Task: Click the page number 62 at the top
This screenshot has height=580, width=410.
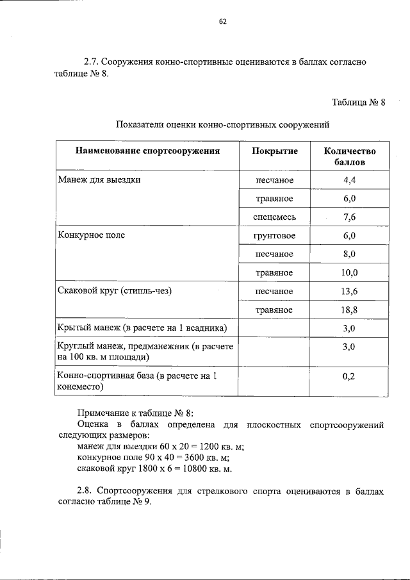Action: (x=223, y=21)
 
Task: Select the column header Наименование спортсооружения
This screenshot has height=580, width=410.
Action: (x=147, y=151)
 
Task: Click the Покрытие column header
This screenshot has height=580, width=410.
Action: (x=275, y=151)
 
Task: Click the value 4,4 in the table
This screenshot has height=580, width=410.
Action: (x=349, y=180)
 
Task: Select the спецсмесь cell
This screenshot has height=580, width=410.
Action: (x=275, y=217)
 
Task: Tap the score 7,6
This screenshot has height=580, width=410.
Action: (x=349, y=217)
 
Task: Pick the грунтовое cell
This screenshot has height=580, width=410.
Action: (x=275, y=236)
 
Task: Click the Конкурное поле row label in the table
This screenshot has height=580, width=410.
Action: (x=91, y=235)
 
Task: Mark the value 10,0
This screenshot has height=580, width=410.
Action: (x=349, y=273)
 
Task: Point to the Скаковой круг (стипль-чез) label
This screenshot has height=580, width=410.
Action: (x=116, y=291)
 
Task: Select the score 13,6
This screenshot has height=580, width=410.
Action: (x=349, y=292)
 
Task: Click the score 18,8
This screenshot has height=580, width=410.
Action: (x=349, y=310)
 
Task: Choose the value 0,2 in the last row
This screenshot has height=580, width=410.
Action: (x=349, y=376)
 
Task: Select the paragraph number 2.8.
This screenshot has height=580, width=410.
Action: (x=85, y=491)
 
